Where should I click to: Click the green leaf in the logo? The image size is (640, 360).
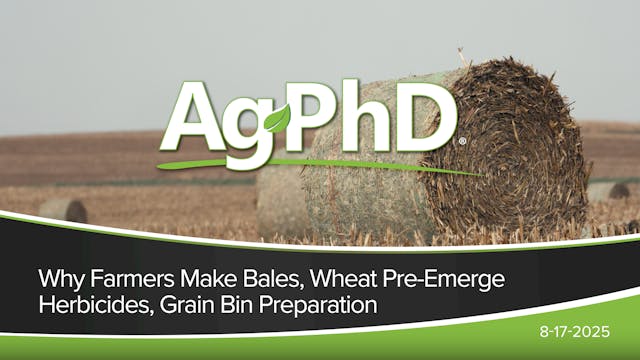[277, 119]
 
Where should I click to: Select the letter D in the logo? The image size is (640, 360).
[425, 115]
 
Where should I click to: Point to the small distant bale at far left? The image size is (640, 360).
[62, 210]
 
